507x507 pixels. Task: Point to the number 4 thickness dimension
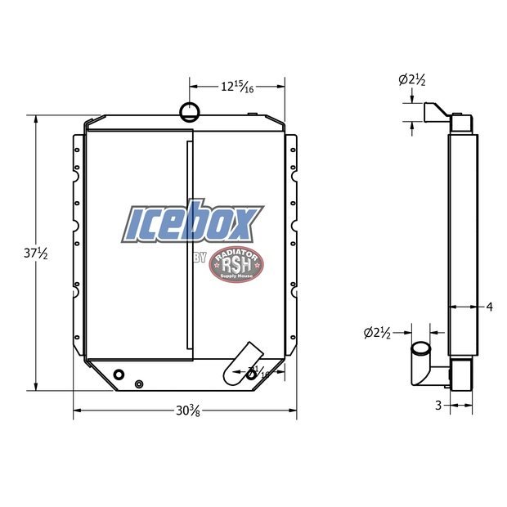click(x=489, y=307)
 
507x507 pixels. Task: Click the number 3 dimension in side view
click(x=437, y=405)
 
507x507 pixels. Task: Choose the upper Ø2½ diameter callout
click(x=411, y=79)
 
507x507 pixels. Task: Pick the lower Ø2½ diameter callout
click(x=377, y=332)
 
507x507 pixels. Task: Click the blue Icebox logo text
click(x=193, y=222)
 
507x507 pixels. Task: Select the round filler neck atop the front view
click(x=189, y=110)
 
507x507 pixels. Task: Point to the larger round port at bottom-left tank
click(x=119, y=375)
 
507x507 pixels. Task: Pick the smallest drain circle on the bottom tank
click(x=138, y=384)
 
